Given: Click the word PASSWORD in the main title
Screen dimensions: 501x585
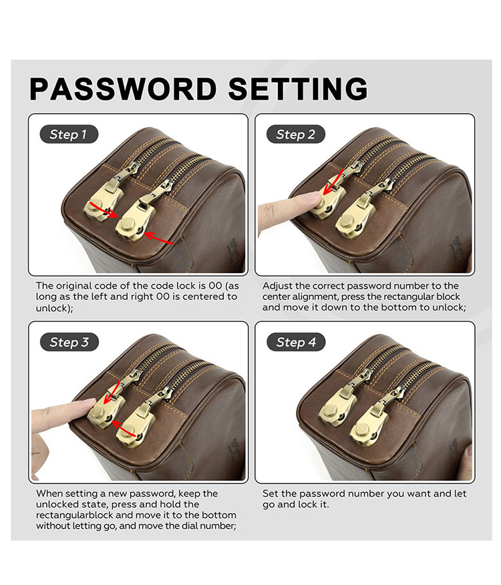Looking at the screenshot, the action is point(123,89).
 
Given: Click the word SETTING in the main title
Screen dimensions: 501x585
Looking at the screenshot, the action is point(299,89).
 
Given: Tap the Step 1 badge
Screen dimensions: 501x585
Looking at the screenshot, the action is point(69,134).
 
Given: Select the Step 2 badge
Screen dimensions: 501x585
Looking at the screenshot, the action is point(296,134).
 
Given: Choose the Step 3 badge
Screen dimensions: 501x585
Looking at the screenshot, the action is point(69,342).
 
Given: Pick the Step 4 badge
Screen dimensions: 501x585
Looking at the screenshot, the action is point(296,342).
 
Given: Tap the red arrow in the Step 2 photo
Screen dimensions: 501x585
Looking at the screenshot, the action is point(334,182).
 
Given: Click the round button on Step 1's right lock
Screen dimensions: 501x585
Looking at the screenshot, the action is point(129,225).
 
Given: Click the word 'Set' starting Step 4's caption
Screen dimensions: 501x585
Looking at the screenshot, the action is point(270,494).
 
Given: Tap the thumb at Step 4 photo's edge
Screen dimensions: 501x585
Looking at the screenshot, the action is point(467,463).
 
